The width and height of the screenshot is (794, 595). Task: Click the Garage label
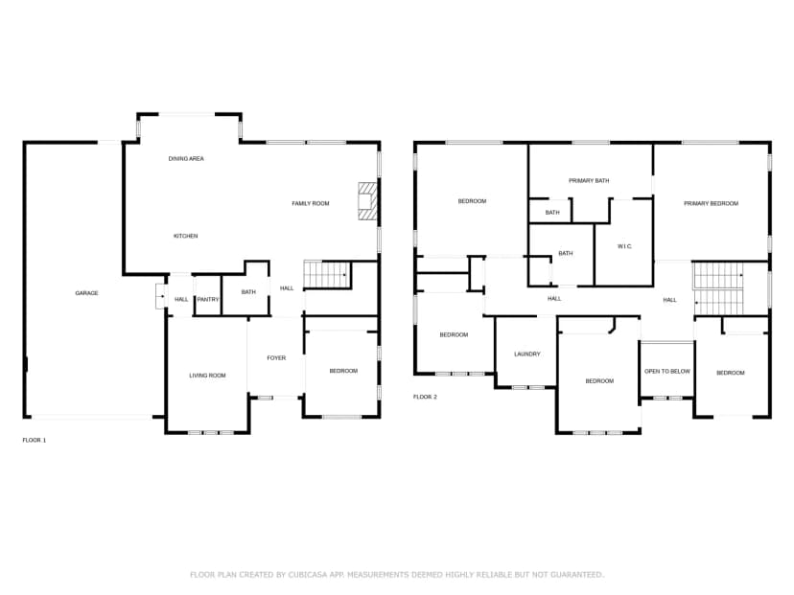coord(86,293)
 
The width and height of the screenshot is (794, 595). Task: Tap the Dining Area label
coord(186,158)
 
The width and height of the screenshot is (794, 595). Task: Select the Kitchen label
coord(186,236)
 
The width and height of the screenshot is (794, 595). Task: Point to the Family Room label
coord(311,203)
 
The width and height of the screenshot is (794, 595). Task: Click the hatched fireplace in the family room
coord(367,201)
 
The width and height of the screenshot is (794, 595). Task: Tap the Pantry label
coord(208,300)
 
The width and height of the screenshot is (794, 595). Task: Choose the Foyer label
coord(276,357)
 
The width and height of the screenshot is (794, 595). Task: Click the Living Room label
coord(208,376)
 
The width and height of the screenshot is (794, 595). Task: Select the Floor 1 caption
coord(35,440)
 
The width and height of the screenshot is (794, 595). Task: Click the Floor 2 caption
coord(426,397)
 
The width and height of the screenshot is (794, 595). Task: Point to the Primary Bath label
coord(589,181)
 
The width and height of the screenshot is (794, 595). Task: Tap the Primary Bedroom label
coord(711,203)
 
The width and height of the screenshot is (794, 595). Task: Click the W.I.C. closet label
coord(624,246)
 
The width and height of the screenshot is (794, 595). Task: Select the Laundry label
coord(527,355)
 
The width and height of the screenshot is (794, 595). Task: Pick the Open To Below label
coord(667,372)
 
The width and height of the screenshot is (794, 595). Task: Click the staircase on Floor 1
coord(327,275)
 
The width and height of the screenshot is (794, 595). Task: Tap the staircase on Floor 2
coord(718,289)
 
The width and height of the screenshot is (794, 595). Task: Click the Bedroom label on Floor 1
coord(343,371)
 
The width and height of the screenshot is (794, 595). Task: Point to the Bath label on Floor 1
coord(248,292)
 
